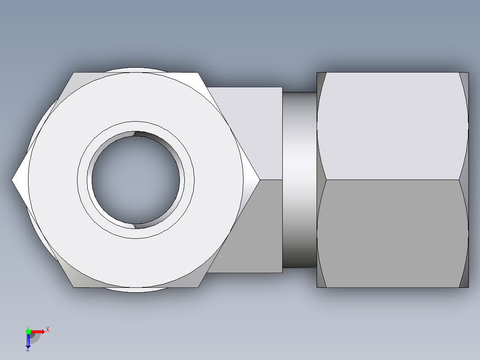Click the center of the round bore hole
tap(136, 180)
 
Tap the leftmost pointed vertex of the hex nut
tap(12, 180)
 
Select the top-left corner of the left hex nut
tap(74, 73)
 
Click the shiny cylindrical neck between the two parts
tap(299, 180)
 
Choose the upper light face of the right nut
tap(392, 126)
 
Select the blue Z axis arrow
tap(28, 341)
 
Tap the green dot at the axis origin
tap(28, 331)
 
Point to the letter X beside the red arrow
tap(48, 329)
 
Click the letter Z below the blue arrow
tap(28, 350)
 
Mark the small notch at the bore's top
tap(135, 133)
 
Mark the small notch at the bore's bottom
tap(135, 226)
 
